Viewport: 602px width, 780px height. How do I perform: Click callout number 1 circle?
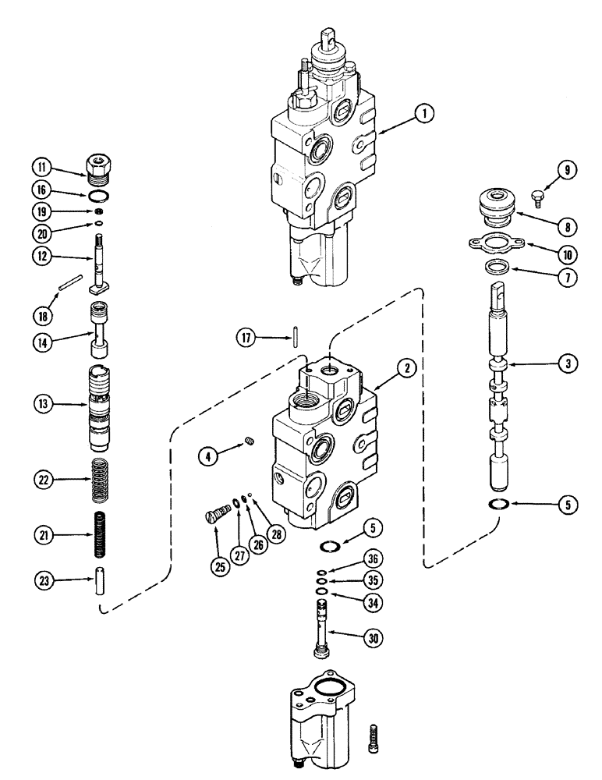tap(423, 115)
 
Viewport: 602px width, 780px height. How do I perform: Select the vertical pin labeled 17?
tap(296, 338)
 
